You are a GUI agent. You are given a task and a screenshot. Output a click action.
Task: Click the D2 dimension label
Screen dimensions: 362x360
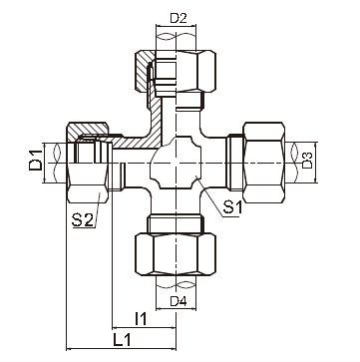(x=177, y=18)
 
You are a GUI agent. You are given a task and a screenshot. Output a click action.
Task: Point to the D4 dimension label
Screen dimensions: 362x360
(x=178, y=301)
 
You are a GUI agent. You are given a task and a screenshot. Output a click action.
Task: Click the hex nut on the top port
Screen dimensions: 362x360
(x=188, y=76)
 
